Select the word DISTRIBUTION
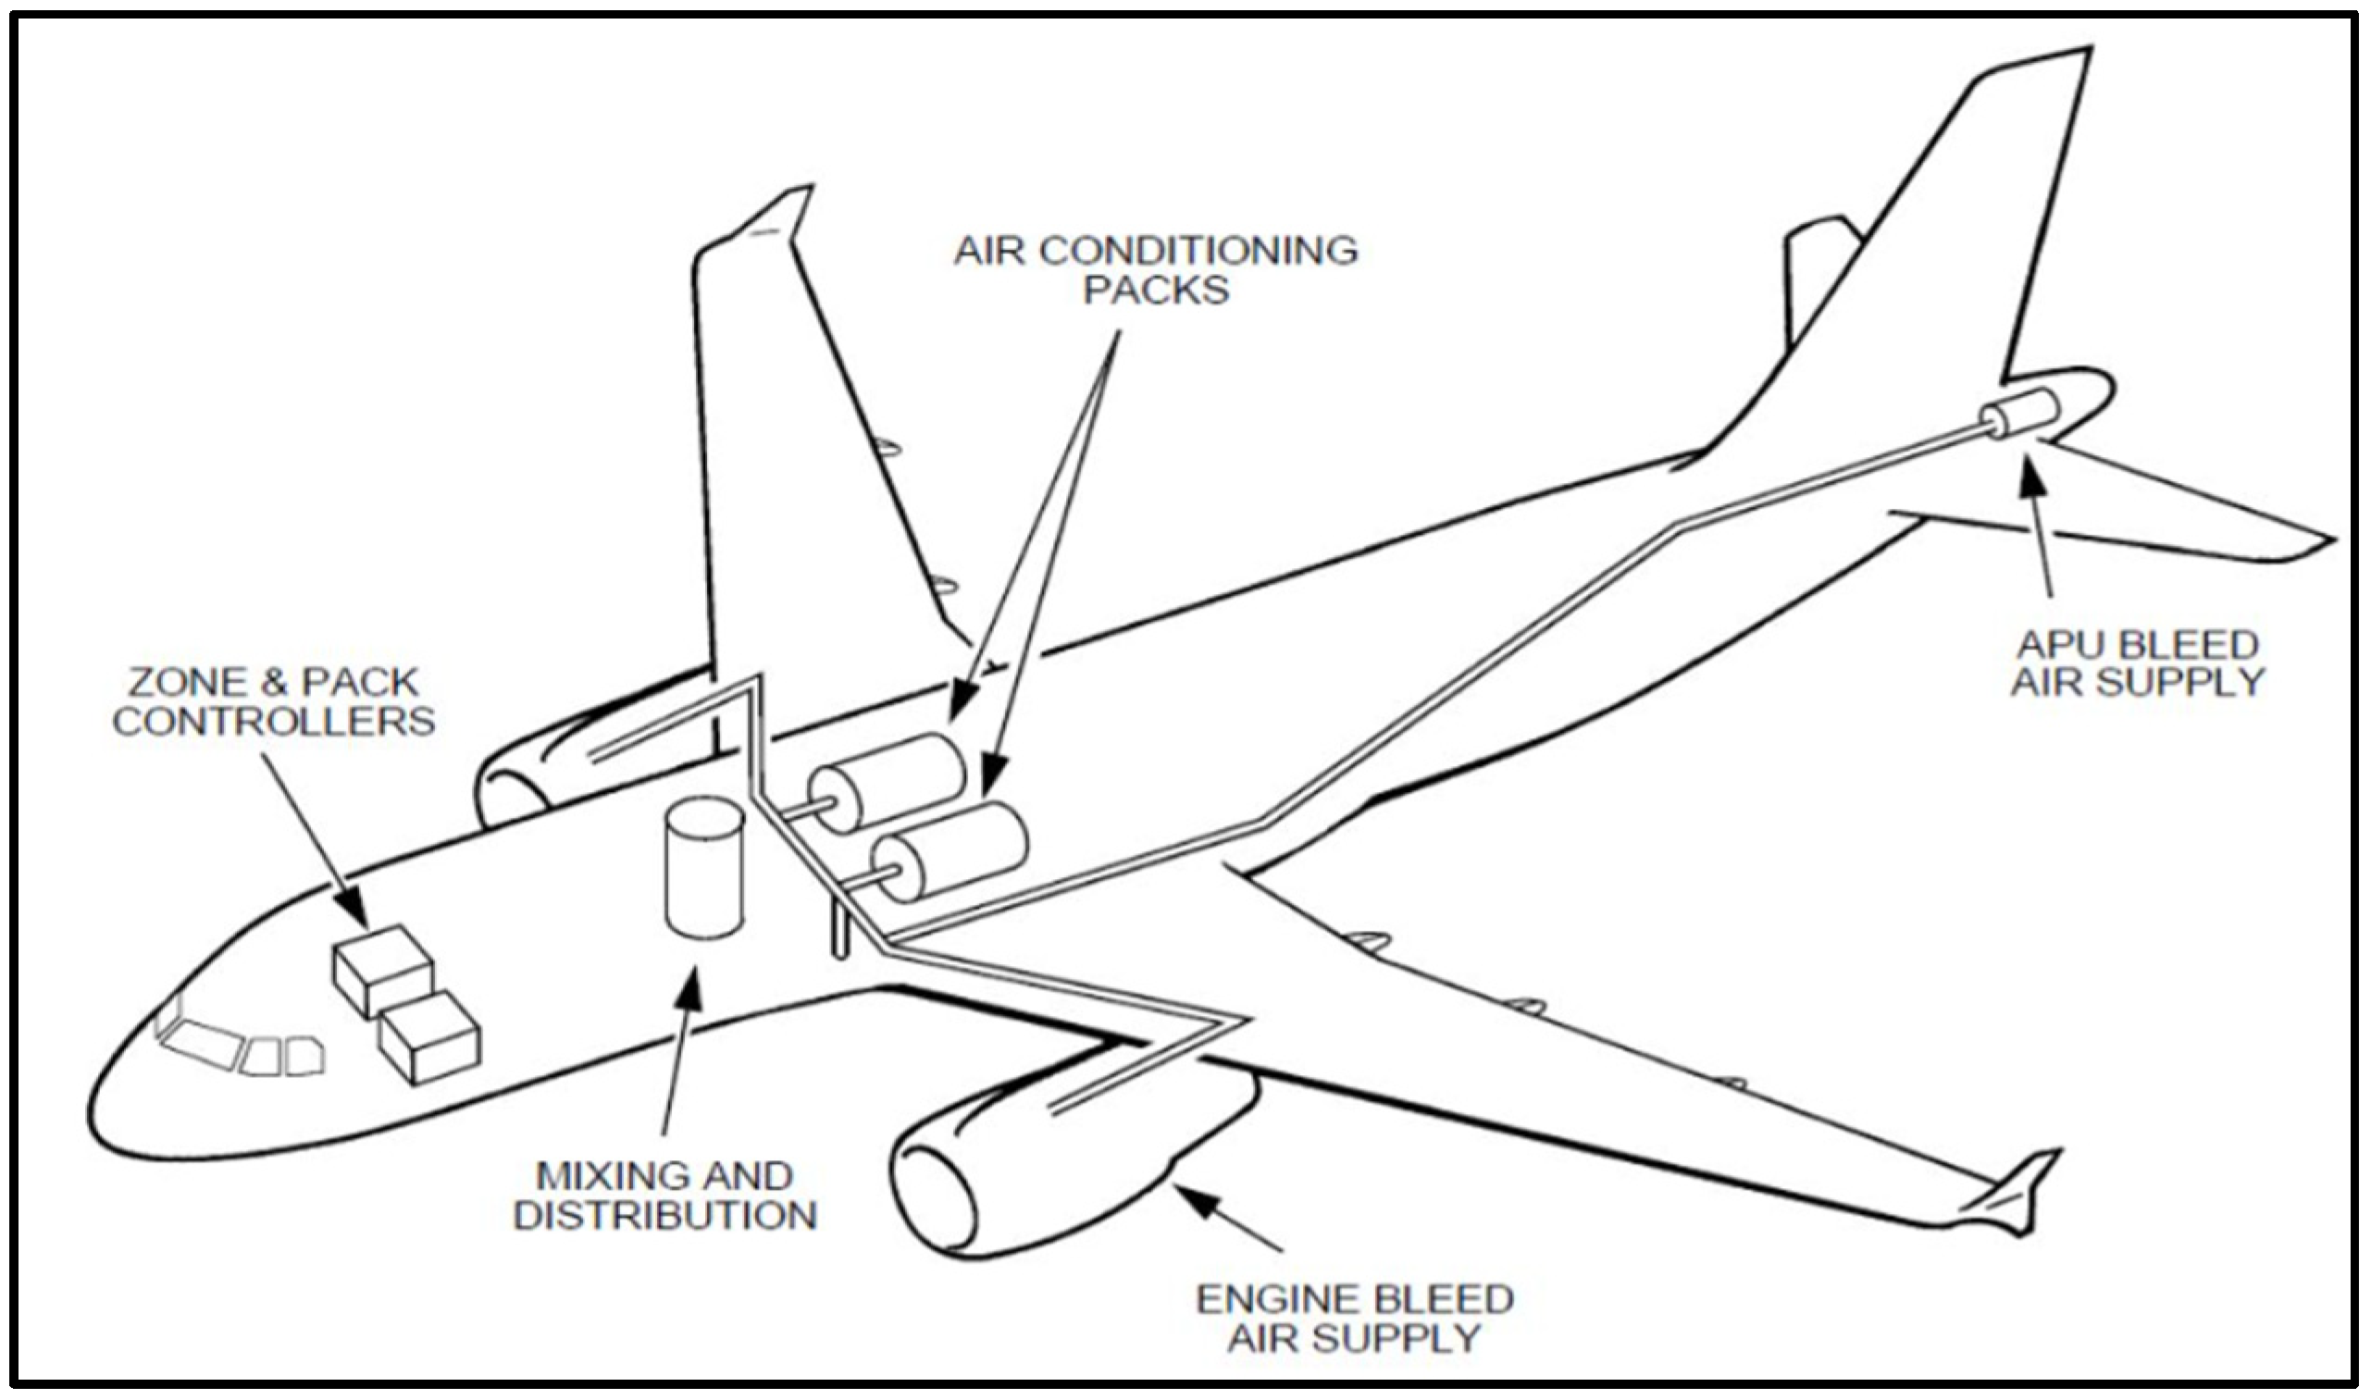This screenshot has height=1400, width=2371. click(x=665, y=1216)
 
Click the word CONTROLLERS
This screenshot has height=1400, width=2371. click(x=274, y=722)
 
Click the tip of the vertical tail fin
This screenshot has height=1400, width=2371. click(x=2076, y=56)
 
